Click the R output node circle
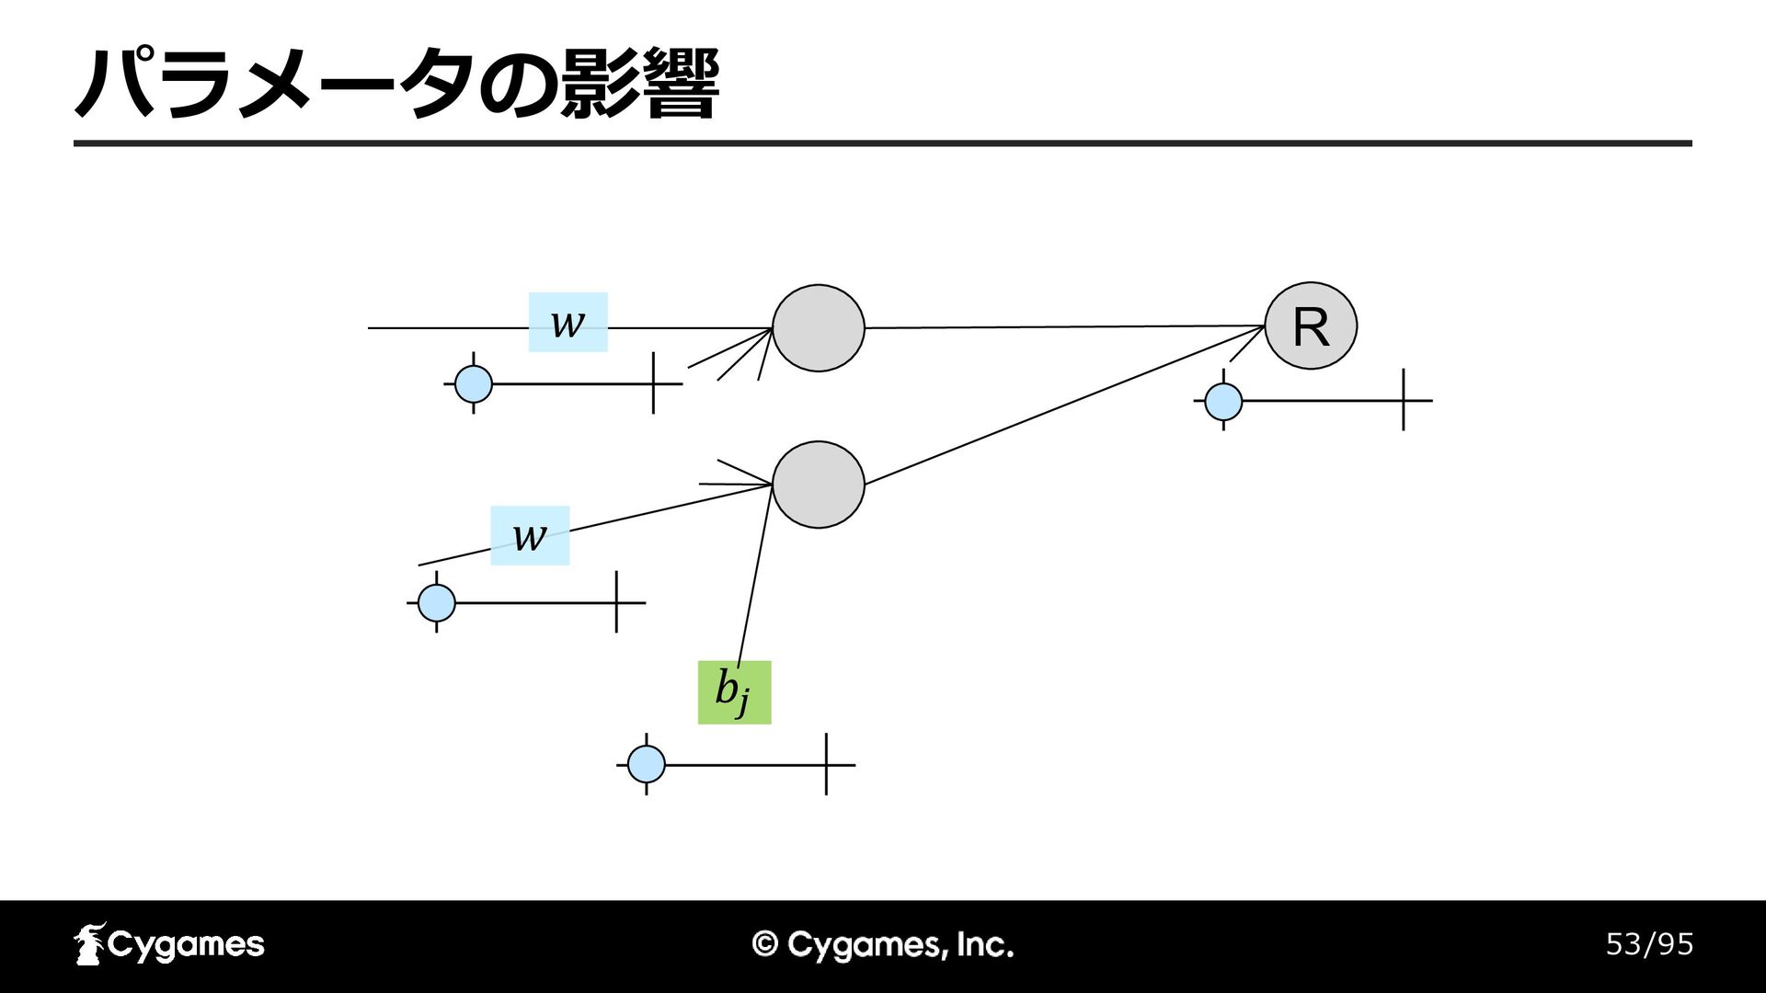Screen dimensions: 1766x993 tap(1311, 326)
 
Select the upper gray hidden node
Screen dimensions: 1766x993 tap(819, 328)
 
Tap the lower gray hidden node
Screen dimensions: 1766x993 tap(819, 485)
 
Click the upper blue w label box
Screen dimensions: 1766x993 tap(568, 322)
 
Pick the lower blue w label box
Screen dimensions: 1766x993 tap(530, 535)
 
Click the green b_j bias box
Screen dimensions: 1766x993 tap(734, 692)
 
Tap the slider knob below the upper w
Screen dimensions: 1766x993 tap(474, 383)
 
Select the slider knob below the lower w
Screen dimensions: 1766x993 tap(437, 603)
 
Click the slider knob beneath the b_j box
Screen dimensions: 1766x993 tap(647, 764)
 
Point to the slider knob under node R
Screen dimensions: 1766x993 tap(1223, 401)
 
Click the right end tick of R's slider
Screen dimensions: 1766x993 tap(1404, 400)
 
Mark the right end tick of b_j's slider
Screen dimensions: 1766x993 tap(826, 764)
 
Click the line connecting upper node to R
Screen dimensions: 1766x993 tap(1065, 326)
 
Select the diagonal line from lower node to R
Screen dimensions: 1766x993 tap(1065, 405)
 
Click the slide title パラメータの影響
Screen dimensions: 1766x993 tap(396, 85)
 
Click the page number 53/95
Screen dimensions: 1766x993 tap(1649, 944)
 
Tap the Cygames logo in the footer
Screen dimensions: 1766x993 tap(169, 944)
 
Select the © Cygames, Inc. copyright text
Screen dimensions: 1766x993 tap(883, 945)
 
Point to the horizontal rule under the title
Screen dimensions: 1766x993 tap(883, 143)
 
